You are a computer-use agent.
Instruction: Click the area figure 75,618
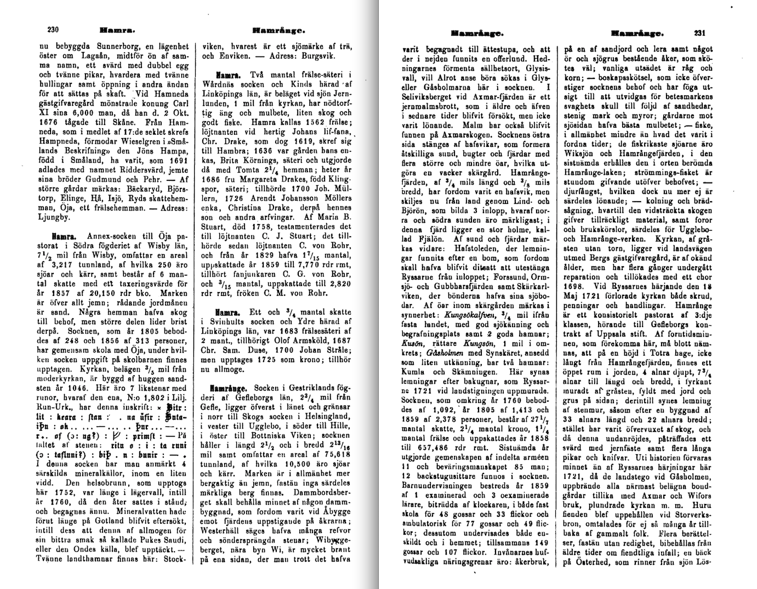pyautogui.click(x=335, y=454)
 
